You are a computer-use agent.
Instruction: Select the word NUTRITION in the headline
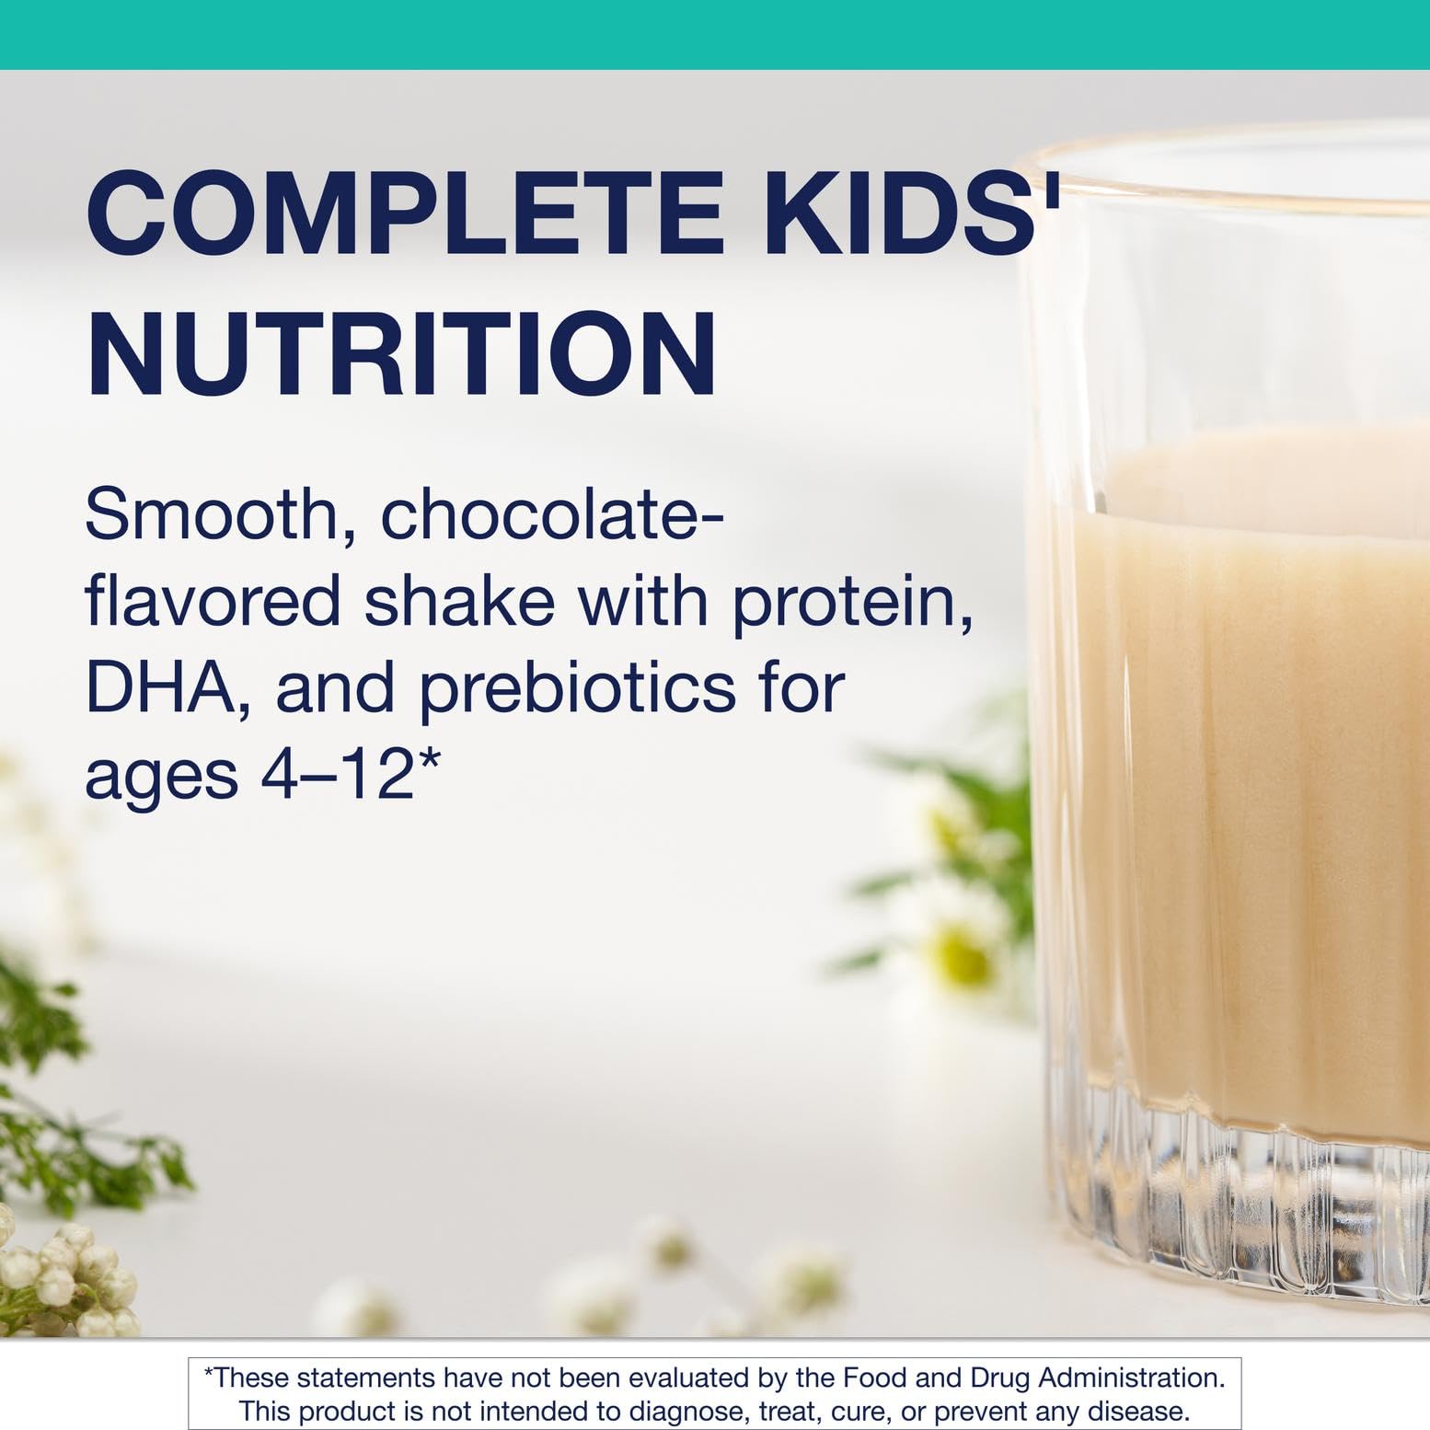tap(401, 354)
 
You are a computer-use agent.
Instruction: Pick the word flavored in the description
tap(213, 600)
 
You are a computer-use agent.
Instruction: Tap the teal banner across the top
tap(715, 34)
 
